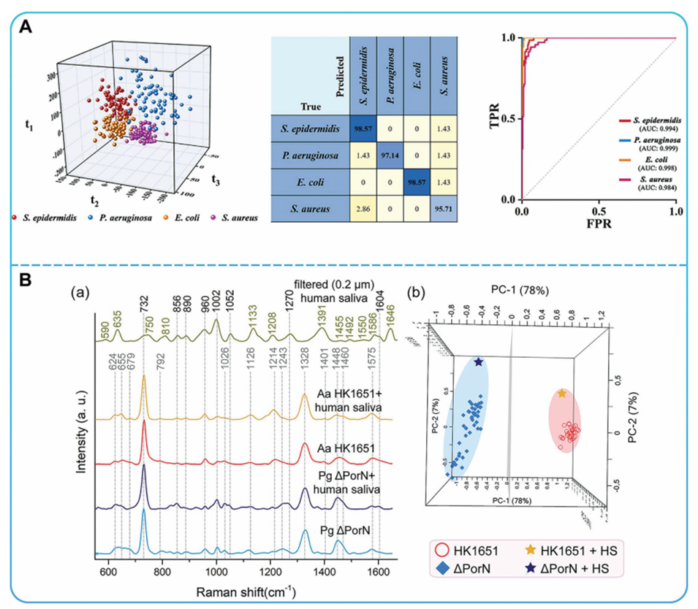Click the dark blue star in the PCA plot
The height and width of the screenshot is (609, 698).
(479, 362)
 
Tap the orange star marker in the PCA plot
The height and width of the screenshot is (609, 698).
(561, 394)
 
